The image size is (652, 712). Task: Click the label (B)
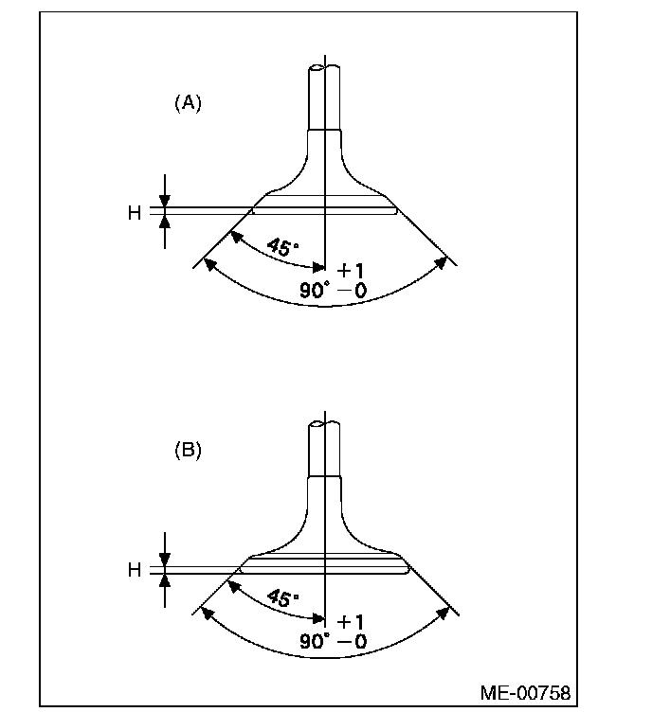tap(188, 452)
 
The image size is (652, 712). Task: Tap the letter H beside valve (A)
tap(134, 213)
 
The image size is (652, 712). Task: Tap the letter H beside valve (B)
tap(134, 570)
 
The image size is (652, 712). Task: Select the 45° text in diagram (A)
tap(281, 247)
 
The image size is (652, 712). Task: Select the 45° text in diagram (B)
tap(281, 598)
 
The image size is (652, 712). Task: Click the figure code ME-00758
tap(526, 693)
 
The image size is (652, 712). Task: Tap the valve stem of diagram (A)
tap(324, 95)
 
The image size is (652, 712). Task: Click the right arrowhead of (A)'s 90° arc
tap(442, 263)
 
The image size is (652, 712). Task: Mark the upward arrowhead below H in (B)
tap(164, 580)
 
